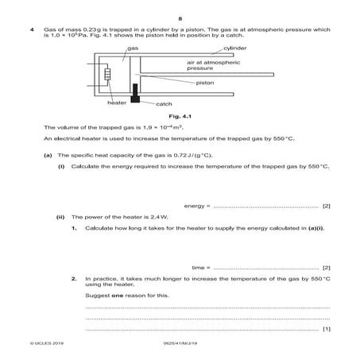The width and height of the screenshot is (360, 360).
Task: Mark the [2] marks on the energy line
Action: (326, 206)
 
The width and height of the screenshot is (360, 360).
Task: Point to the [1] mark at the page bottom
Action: (326, 328)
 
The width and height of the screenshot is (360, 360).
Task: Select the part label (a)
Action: (48, 155)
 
